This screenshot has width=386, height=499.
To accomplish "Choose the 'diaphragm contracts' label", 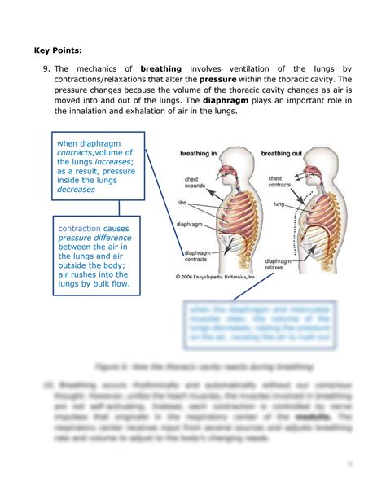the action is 195,256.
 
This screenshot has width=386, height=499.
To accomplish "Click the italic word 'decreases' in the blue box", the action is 76,190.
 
